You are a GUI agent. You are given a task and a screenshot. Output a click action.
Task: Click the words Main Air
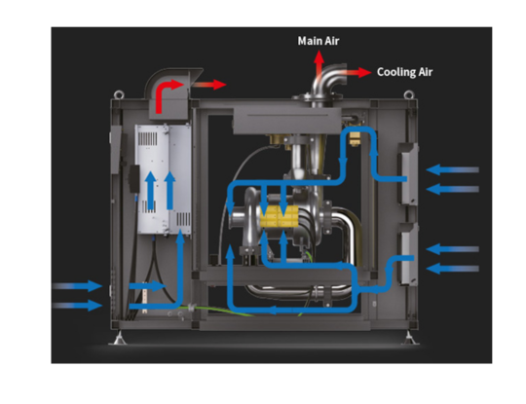coord(319,41)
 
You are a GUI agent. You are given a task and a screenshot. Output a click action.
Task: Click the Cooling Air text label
coord(404,72)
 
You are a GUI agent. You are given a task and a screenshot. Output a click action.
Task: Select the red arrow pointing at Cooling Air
coord(359,72)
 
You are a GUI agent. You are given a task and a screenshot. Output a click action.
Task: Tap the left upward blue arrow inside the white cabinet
coord(150,191)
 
